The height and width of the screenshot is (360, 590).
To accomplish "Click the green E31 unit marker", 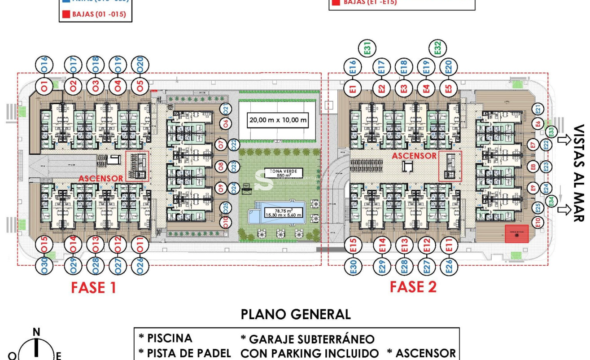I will click(x=367, y=48).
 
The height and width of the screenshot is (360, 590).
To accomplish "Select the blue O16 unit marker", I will click(x=44, y=65).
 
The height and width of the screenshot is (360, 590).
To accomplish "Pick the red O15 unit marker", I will click(x=44, y=245).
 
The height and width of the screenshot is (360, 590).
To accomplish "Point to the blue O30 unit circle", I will click(x=44, y=265).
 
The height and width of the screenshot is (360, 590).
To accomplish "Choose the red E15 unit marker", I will click(x=353, y=245).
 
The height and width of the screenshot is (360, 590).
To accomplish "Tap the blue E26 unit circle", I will click(x=449, y=265).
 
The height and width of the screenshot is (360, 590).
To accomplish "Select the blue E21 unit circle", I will click(x=539, y=109).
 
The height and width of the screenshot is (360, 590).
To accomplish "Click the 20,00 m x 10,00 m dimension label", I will click(x=278, y=120).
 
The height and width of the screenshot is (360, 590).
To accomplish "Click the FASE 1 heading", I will click(x=93, y=287).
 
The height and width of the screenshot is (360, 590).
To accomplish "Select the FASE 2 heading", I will click(x=413, y=286).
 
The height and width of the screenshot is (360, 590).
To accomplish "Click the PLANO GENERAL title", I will click(x=296, y=314).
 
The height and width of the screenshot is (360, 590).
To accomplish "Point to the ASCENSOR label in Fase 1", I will click(x=101, y=178).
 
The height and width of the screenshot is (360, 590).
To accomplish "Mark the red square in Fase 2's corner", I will click(x=516, y=233).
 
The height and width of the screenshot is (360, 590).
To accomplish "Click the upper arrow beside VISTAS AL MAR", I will click(x=564, y=140).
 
